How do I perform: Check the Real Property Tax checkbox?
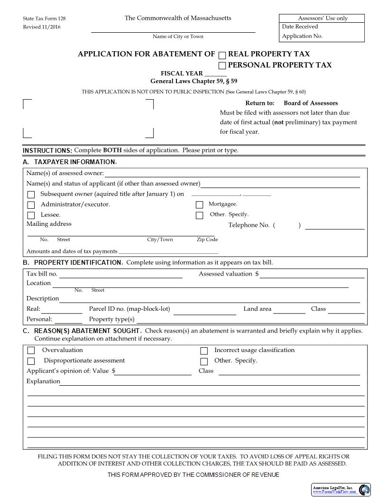(222, 55)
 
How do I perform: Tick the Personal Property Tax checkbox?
(222, 65)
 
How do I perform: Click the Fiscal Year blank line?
(216, 74)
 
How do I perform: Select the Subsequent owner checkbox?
(31, 195)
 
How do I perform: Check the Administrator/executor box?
(31, 205)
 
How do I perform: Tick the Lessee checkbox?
(31, 215)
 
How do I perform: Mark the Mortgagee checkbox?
(200, 205)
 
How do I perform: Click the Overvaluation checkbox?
(31, 351)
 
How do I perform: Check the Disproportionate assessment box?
(31, 361)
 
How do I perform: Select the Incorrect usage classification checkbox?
(204, 351)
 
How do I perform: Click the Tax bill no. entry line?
(120, 275)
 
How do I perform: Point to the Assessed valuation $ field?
(312, 275)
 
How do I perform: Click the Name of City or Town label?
(178, 37)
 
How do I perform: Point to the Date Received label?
(300, 27)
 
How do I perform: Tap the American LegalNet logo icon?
(365, 490)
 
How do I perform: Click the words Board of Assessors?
(311, 103)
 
